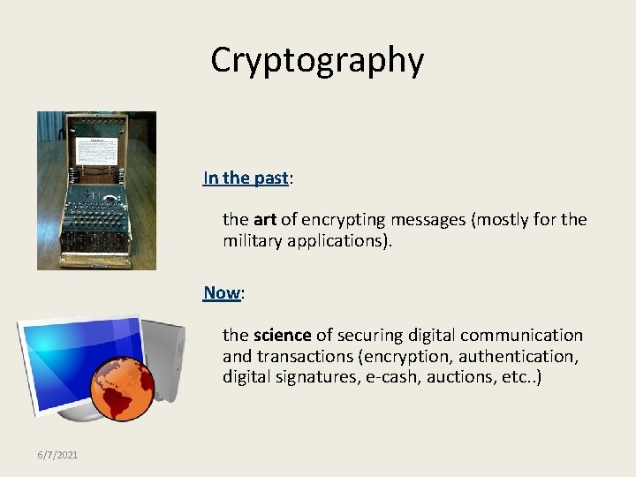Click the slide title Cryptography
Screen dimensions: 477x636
[317, 60]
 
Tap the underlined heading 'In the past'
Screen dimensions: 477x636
[246, 178]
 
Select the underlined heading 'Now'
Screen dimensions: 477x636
[222, 292]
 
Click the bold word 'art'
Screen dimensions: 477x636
[264, 219]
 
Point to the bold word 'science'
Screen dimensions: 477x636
[282, 335]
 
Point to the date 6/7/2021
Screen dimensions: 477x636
[57, 455]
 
